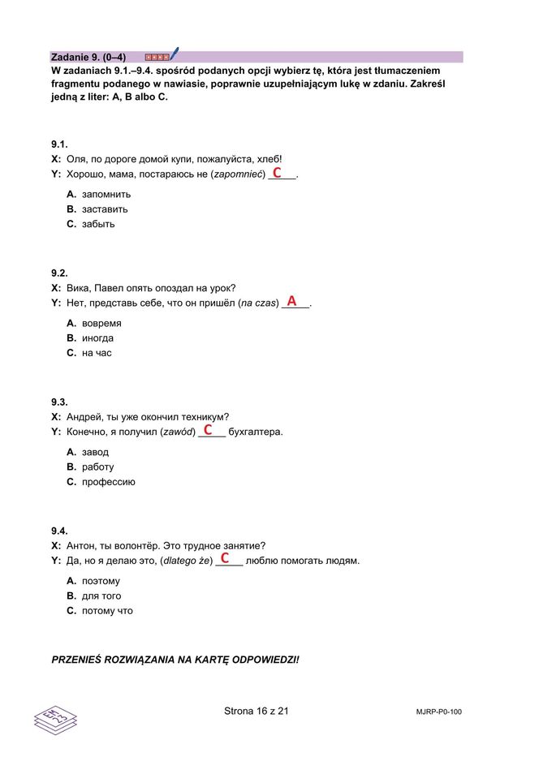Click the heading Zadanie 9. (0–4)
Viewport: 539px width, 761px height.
(x=88, y=57)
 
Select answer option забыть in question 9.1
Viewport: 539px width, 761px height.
(x=98, y=224)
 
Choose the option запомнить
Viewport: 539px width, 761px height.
(x=106, y=194)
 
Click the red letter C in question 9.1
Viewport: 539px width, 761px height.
(x=277, y=173)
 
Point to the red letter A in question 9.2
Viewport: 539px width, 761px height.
(x=291, y=301)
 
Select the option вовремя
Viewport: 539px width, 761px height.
(x=101, y=323)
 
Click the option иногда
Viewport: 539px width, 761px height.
(x=97, y=338)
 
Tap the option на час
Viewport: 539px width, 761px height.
(x=97, y=353)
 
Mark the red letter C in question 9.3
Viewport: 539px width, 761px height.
(x=208, y=429)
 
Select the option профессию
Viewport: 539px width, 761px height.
(x=108, y=482)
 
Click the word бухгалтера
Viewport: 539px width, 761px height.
(x=256, y=432)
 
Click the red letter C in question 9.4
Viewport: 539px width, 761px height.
(x=224, y=558)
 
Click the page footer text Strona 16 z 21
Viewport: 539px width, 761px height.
(x=257, y=712)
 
